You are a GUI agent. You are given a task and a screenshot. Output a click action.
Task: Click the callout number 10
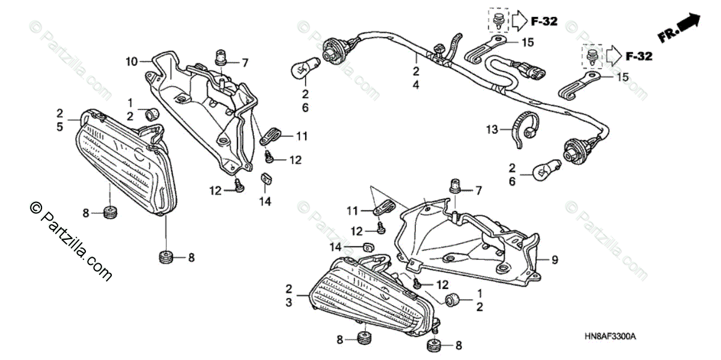tap(132, 61)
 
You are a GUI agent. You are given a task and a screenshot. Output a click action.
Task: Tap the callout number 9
tap(555, 260)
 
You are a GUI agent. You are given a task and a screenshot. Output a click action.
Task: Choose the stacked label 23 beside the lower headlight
tap(289, 296)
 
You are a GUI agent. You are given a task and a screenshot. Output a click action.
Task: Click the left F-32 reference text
tap(544, 22)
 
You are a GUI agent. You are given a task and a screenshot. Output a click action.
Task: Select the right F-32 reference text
tap(639, 56)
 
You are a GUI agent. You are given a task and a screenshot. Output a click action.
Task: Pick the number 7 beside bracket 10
tap(245, 62)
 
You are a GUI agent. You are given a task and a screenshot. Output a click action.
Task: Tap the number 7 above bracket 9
tap(479, 191)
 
